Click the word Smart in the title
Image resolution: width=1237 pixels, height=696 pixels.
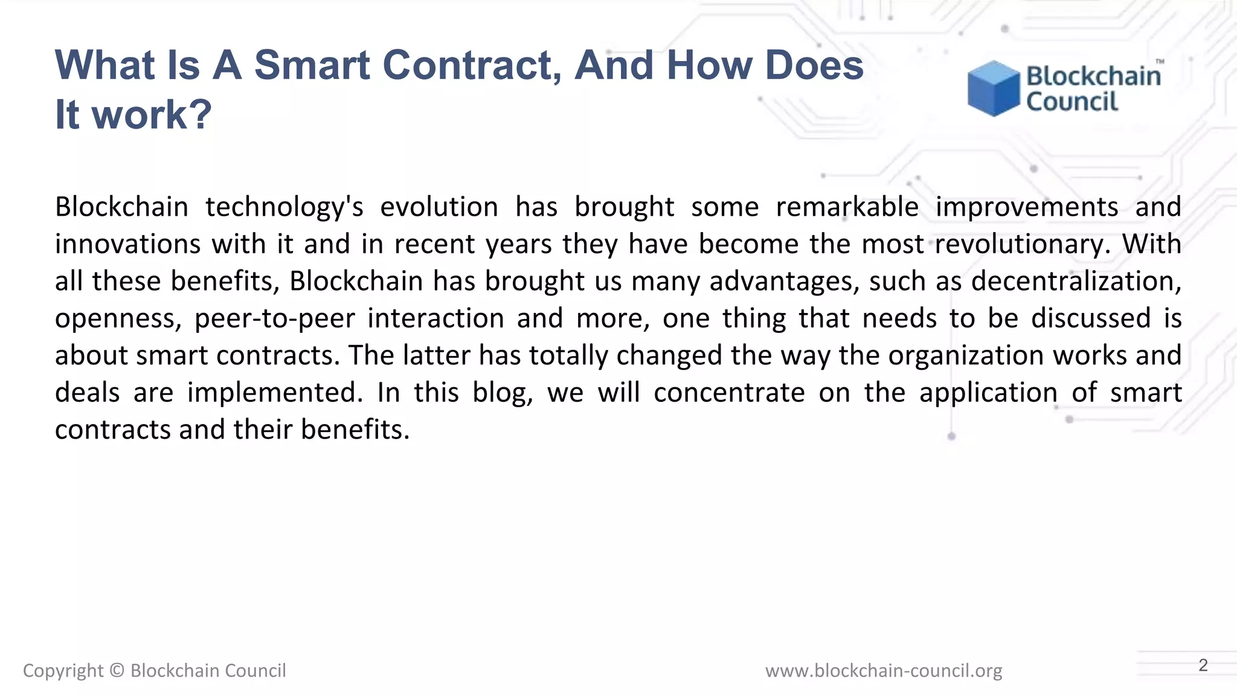click(x=311, y=65)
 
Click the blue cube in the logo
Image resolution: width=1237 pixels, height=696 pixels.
click(x=993, y=88)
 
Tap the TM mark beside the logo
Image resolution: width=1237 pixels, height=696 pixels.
click(x=1160, y=62)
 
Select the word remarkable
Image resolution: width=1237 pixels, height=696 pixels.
click(x=847, y=207)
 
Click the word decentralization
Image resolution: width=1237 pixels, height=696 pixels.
click(x=1076, y=282)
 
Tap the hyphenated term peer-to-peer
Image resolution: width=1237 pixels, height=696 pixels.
click(x=275, y=319)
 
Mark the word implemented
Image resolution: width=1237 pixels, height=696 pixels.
click(x=275, y=393)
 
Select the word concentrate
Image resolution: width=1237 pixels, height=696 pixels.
click(x=729, y=393)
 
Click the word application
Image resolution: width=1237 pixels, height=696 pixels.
click(x=988, y=393)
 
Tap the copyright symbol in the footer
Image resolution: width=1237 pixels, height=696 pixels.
click(x=117, y=671)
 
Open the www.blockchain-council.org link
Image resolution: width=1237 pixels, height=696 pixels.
click(x=883, y=671)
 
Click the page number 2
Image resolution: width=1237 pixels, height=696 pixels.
click(x=1203, y=665)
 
